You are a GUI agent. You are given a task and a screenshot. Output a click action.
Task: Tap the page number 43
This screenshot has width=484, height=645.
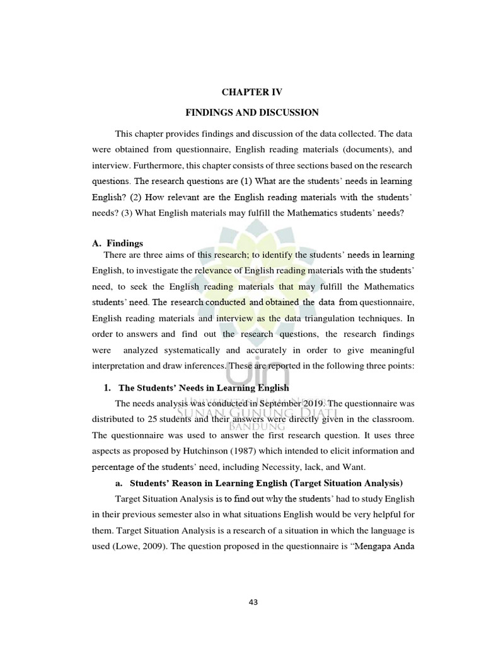(253, 602)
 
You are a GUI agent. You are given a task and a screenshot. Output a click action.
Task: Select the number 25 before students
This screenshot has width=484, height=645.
(166, 419)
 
